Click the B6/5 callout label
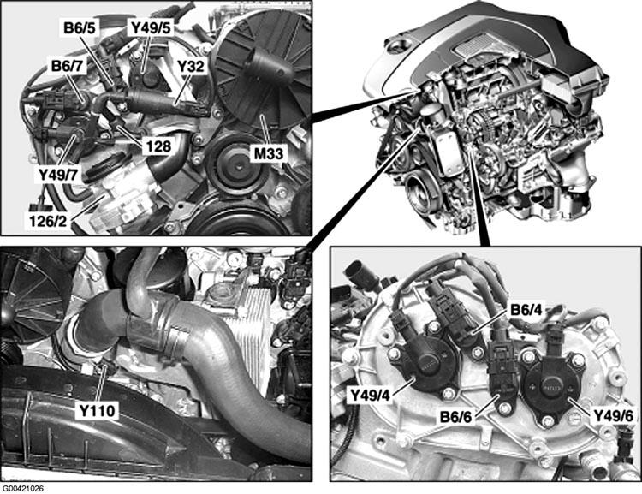click(x=80, y=28)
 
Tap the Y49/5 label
click(x=151, y=28)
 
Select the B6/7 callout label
click(x=67, y=66)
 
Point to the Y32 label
click(x=190, y=67)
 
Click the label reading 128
click(x=158, y=146)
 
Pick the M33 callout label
click(x=268, y=153)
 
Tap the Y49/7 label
click(x=58, y=175)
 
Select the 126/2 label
click(x=47, y=221)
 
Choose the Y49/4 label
click(x=371, y=396)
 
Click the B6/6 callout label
click(x=456, y=418)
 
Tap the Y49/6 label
click(x=614, y=417)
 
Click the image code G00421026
click(x=23, y=489)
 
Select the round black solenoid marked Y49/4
click(x=425, y=365)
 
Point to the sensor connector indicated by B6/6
click(x=502, y=368)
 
